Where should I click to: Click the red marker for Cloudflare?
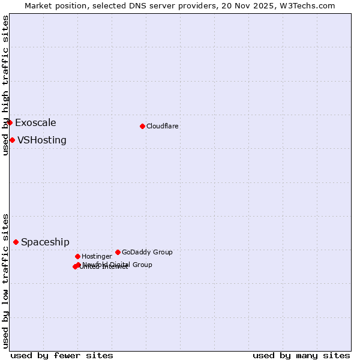142,126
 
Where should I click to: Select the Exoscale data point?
10,122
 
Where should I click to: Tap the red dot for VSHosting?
12,140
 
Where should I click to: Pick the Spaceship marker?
16,242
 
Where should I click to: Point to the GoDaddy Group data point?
118,252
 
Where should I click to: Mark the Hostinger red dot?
77,256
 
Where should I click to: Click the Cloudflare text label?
163,126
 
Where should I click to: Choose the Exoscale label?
35,123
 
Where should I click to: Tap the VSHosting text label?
42,140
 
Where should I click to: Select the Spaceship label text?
45,242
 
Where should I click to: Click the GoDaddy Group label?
147,252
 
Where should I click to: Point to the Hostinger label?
97,256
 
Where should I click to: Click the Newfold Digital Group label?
118,265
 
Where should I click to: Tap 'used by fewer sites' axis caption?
62,355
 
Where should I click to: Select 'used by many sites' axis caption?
301,355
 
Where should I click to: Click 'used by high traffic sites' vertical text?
5,85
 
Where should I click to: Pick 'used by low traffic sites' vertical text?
5,281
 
